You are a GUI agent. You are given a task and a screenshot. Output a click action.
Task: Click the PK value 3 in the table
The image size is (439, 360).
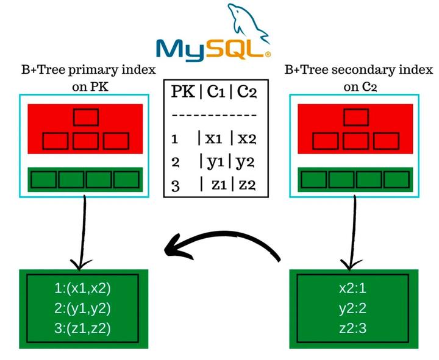176,186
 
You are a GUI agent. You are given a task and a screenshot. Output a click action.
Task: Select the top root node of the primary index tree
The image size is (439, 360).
85,116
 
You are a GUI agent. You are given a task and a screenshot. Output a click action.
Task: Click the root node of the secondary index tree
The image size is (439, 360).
357,116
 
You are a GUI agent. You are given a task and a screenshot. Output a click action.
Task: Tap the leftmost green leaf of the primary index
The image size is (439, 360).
44,180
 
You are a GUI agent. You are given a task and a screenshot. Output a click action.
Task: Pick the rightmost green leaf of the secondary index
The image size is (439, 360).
399,180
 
